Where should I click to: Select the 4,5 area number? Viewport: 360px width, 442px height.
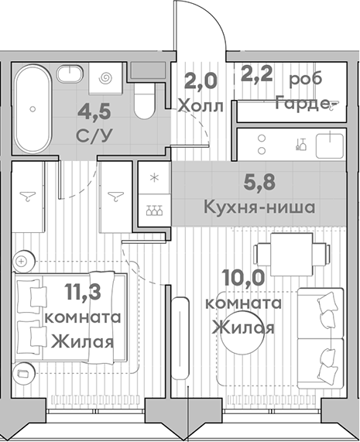coord(94,111)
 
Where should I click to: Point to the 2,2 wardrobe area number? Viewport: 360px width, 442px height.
coord(257,79)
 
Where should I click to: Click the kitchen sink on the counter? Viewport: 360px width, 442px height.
coord(331,144)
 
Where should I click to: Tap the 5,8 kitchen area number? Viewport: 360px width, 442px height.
coord(258,184)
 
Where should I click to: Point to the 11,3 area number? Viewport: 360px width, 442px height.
coord(81,293)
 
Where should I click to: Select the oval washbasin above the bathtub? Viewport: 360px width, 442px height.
coord(70,72)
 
